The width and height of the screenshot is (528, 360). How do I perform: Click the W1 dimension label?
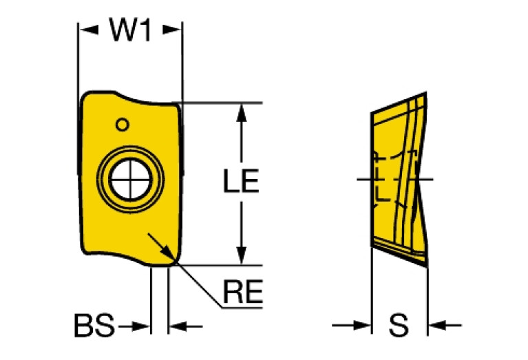[x=130, y=30]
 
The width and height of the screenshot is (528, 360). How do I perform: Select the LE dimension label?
[x=240, y=182]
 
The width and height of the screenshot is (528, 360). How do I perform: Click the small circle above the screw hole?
[x=122, y=125]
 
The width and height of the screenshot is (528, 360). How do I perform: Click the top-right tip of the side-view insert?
[x=426, y=94]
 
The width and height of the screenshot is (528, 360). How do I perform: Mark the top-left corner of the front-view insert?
[x=84, y=96]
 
